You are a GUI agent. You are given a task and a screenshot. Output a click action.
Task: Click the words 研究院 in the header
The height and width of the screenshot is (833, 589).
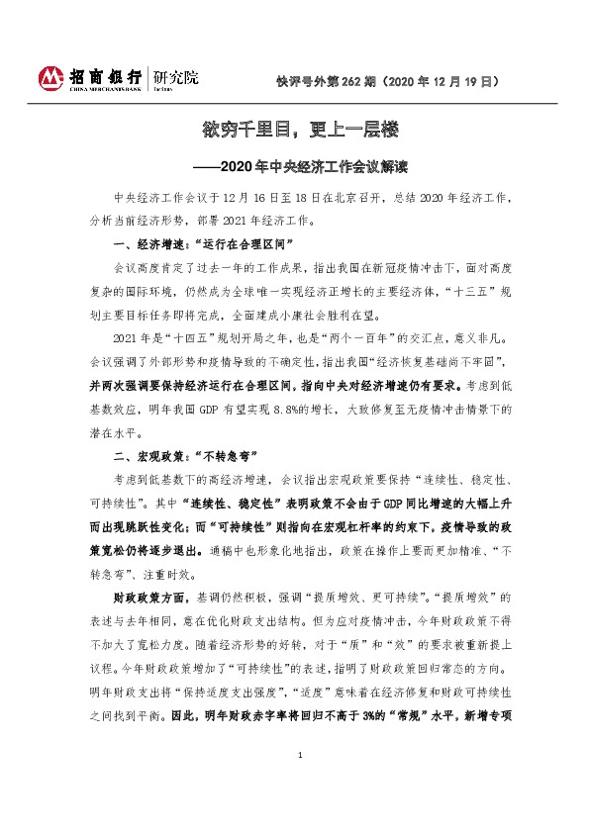coord(171,74)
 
